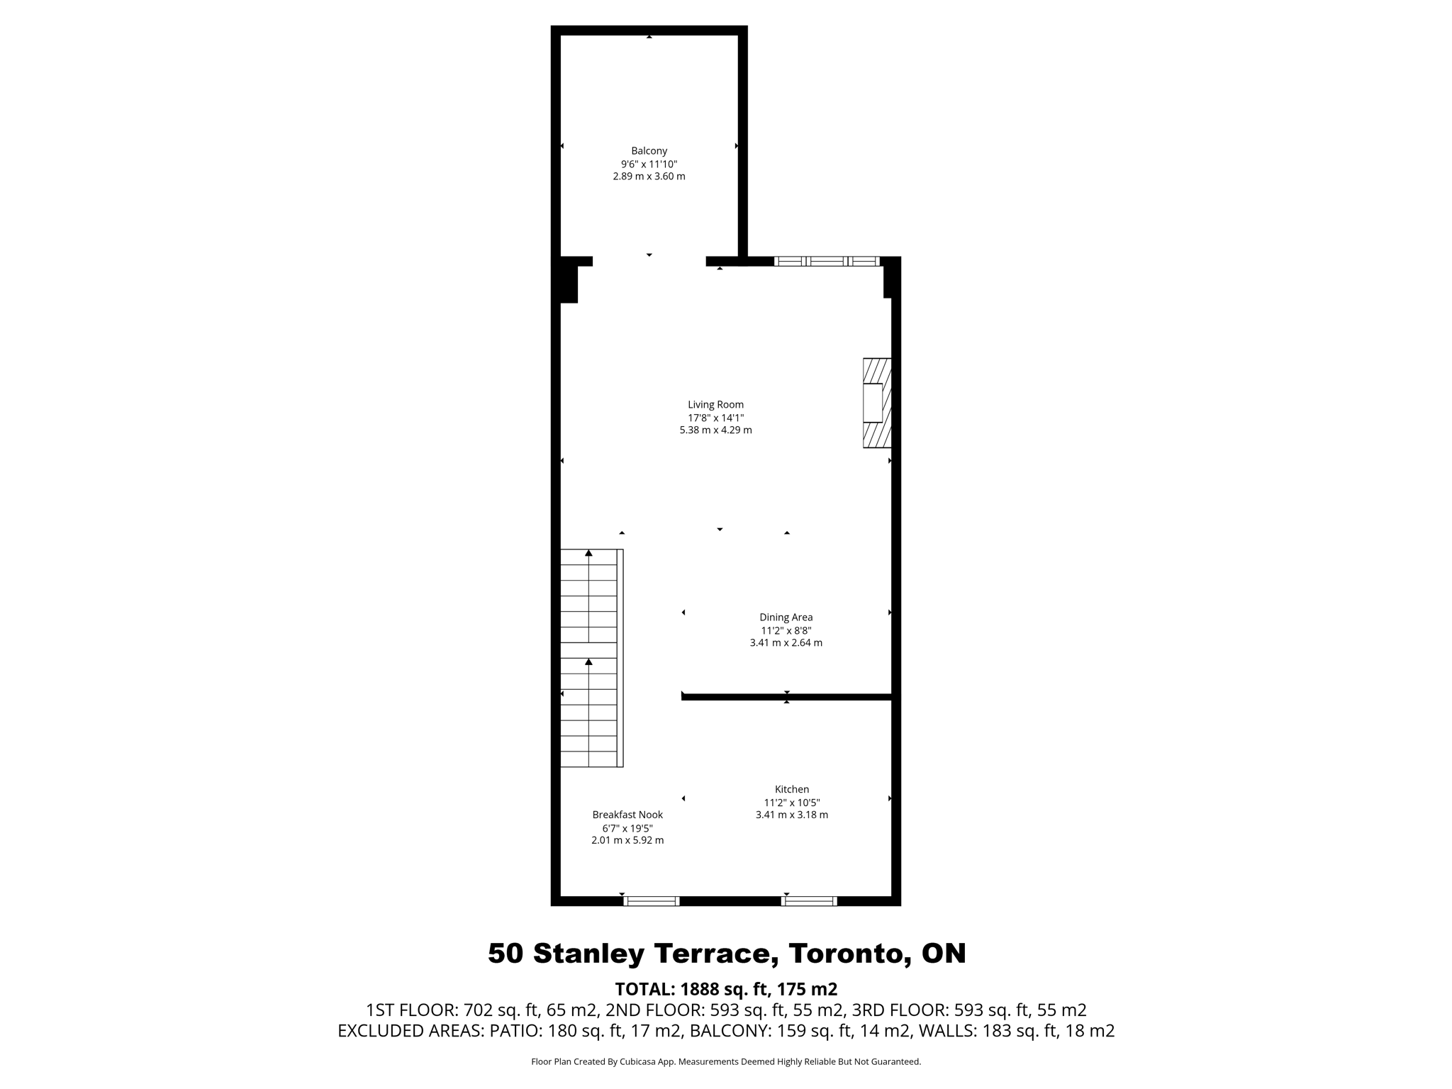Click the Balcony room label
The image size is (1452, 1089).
(649, 151)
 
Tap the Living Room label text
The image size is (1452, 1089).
(715, 405)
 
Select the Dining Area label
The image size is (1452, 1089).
(786, 618)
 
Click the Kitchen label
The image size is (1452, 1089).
(791, 789)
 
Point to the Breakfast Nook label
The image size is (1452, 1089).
(627, 815)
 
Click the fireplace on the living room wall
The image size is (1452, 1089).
(876, 403)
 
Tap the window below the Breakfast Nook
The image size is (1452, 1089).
(651, 901)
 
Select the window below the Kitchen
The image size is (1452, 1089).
(809, 901)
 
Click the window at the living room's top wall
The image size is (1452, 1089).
(827, 261)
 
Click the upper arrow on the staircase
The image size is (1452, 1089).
(588, 553)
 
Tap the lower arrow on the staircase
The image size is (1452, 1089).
(588, 662)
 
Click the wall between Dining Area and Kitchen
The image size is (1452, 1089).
(786, 697)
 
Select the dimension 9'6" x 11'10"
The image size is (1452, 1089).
(649, 164)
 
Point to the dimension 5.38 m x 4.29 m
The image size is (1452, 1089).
(715, 430)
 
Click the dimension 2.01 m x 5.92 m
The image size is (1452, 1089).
(627, 840)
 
